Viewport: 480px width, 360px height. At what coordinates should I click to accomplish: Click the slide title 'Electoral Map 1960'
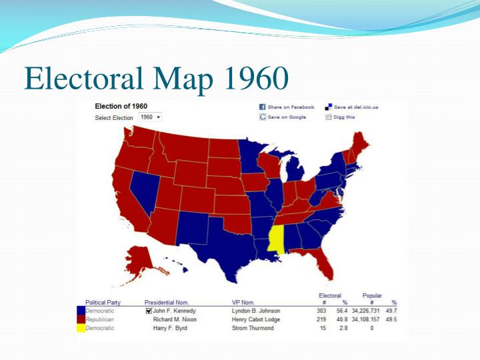pyautogui.click(x=156, y=79)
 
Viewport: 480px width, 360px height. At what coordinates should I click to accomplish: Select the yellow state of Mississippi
pyautogui.click(x=275, y=239)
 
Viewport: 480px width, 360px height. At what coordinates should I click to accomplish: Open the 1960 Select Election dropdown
pyautogui.click(x=150, y=117)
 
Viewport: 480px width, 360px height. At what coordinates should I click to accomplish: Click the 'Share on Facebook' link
pyautogui.click(x=287, y=107)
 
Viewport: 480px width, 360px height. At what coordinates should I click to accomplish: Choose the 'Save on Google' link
pyautogui.click(x=283, y=117)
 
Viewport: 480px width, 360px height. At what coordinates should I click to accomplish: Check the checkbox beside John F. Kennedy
pyautogui.click(x=149, y=311)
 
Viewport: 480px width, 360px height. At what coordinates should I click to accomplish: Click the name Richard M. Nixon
pyautogui.click(x=175, y=319)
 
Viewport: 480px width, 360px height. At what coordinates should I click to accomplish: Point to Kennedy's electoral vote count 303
pyautogui.click(x=321, y=311)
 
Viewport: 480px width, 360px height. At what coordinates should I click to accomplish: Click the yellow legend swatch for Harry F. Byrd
pyautogui.click(x=81, y=328)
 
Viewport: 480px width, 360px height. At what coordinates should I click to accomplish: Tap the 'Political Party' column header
pyautogui.click(x=103, y=303)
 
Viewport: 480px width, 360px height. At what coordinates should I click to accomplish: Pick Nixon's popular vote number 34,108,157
pyautogui.click(x=365, y=319)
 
